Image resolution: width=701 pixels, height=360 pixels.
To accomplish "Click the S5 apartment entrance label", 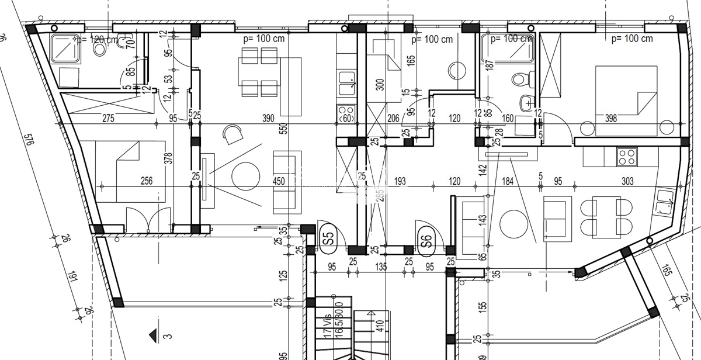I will pos(328,238).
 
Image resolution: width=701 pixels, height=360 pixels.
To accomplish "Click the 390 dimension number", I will pos(268,118).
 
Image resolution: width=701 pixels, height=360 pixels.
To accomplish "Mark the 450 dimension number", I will pos(279,181).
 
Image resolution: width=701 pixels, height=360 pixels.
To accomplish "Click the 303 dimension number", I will pos(627,181).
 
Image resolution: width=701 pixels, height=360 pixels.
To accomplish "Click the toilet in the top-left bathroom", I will pos(99,49).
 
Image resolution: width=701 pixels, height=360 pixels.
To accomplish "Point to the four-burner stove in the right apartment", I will pos(627,156).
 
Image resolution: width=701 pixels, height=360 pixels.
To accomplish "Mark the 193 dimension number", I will pos(400,181).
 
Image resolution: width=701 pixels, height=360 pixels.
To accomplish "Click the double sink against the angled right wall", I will pos(664,202).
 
